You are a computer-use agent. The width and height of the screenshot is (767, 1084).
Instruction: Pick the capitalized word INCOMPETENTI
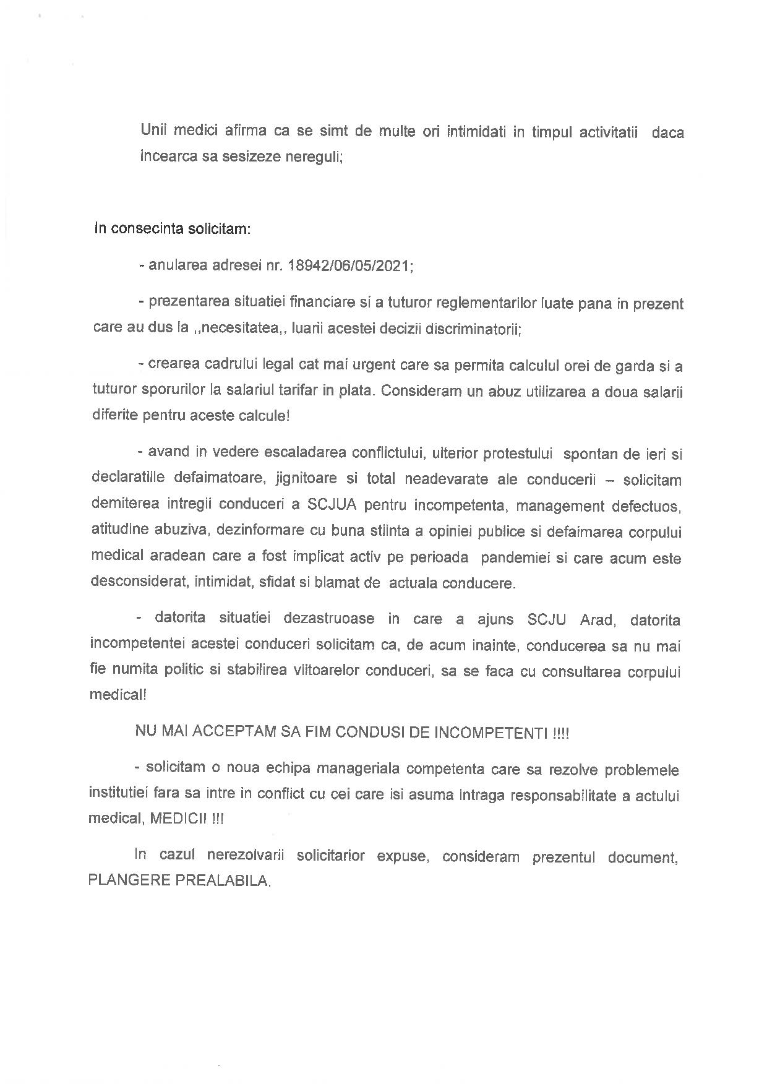click(492, 733)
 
